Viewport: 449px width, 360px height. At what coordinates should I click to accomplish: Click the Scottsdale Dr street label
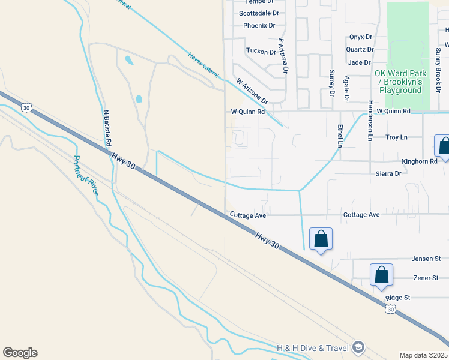pos(259,13)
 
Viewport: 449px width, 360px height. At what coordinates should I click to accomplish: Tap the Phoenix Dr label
pos(259,26)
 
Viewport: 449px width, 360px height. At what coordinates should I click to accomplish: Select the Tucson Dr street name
pos(261,52)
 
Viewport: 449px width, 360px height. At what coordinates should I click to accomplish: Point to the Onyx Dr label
pos(361,37)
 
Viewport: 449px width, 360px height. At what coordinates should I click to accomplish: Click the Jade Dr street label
pos(359,62)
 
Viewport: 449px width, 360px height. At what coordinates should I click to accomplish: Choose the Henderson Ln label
pos(370,121)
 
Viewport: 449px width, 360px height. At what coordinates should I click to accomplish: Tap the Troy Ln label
pos(396,137)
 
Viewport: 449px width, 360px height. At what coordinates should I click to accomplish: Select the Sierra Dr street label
pos(388,173)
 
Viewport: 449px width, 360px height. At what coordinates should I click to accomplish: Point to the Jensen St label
pos(426,259)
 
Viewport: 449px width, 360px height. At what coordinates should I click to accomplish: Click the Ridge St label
pos(397,298)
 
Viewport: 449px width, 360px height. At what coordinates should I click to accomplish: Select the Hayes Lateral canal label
pos(201,64)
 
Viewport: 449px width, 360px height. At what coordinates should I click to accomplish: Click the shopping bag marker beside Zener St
pos(381,275)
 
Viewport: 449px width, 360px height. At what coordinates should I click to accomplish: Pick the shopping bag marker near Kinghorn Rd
pos(444,146)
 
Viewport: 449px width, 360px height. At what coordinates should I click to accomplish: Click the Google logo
pos(20,353)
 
